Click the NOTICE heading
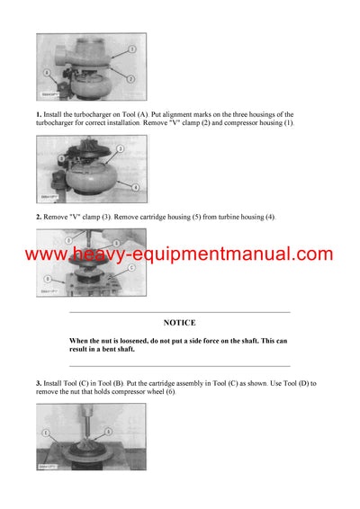click(179, 322)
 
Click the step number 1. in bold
click(39, 114)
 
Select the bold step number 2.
click(39, 217)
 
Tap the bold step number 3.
click(39, 384)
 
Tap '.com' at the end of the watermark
click(311, 254)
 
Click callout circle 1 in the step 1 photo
click(130, 48)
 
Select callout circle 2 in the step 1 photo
click(130, 79)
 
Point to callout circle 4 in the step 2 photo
click(135, 186)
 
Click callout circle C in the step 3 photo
click(131, 267)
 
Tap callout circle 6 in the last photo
click(109, 433)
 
